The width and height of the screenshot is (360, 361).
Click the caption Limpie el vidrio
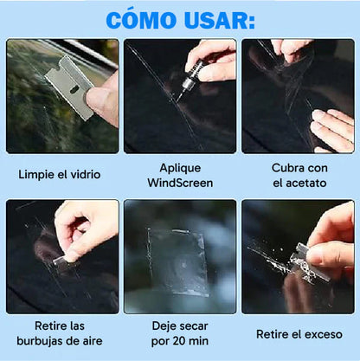coord(60,174)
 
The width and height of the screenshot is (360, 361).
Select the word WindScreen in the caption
coord(180,183)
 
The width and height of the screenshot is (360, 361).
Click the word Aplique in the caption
coord(180,166)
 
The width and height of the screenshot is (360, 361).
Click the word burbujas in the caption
coord(42,342)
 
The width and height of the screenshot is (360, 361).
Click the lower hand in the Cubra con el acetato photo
coord(333,129)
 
